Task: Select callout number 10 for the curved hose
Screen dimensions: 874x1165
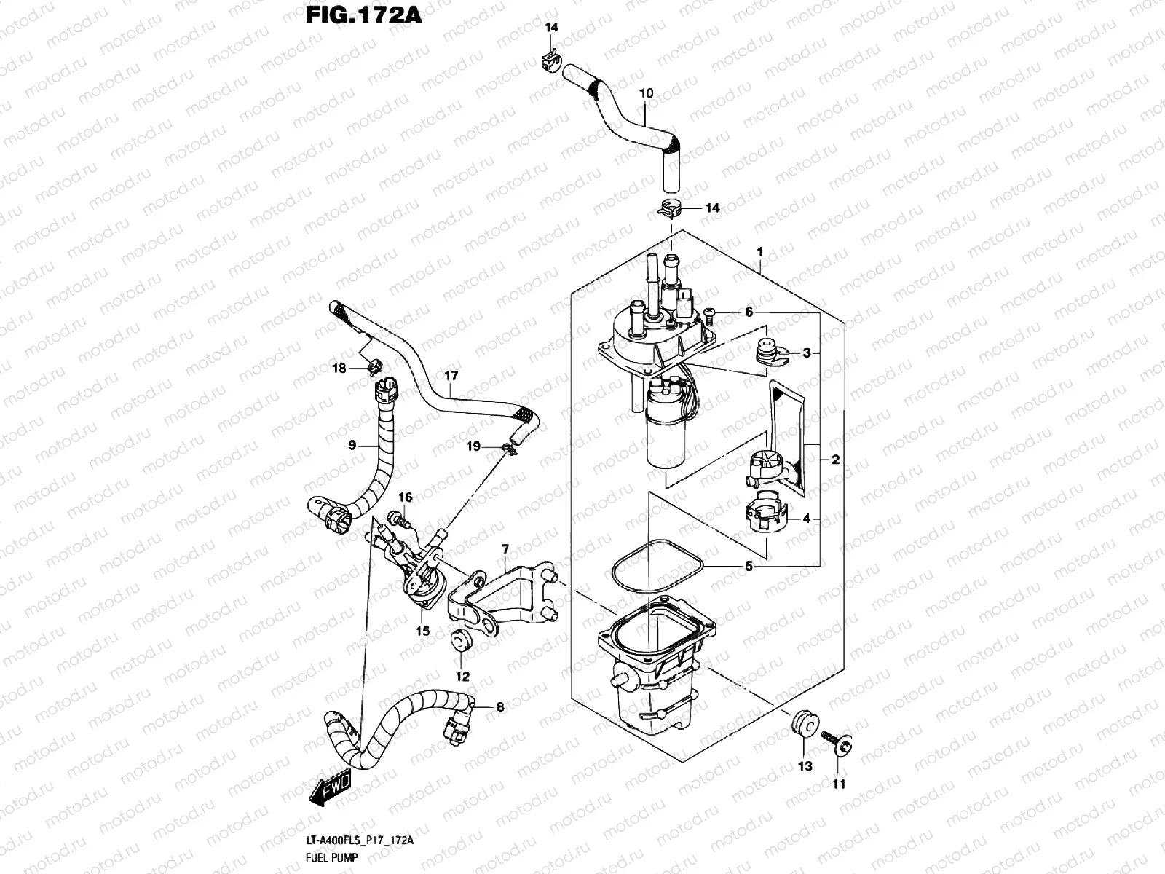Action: coord(646,94)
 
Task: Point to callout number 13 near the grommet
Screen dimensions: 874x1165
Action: coord(805,766)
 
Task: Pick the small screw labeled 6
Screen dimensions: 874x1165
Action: coord(711,313)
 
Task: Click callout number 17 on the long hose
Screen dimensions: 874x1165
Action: coord(451,376)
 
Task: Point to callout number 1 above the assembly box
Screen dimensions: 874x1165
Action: coord(759,252)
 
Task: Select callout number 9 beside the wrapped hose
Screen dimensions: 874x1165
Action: coord(352,445)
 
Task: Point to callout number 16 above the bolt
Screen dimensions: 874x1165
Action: coord(405,497)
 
